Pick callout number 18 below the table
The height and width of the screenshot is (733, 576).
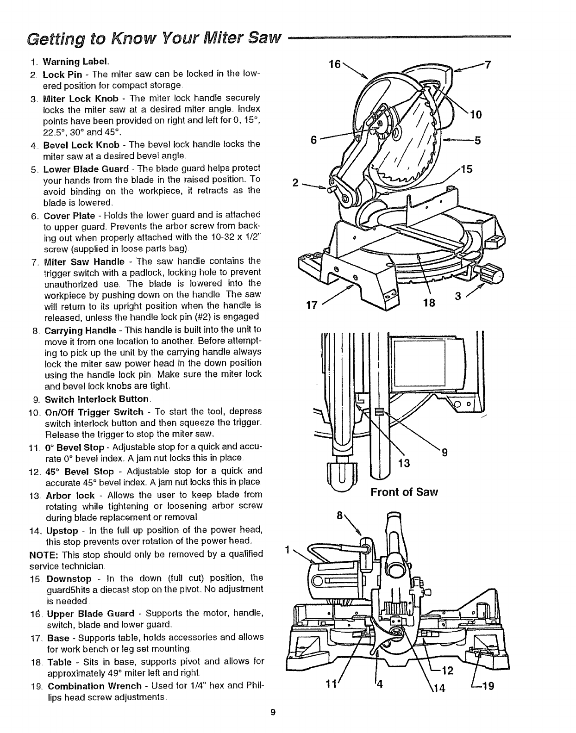[431, 303]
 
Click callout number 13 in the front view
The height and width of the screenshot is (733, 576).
[404, 463]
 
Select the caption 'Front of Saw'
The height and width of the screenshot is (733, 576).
[404, 491]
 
